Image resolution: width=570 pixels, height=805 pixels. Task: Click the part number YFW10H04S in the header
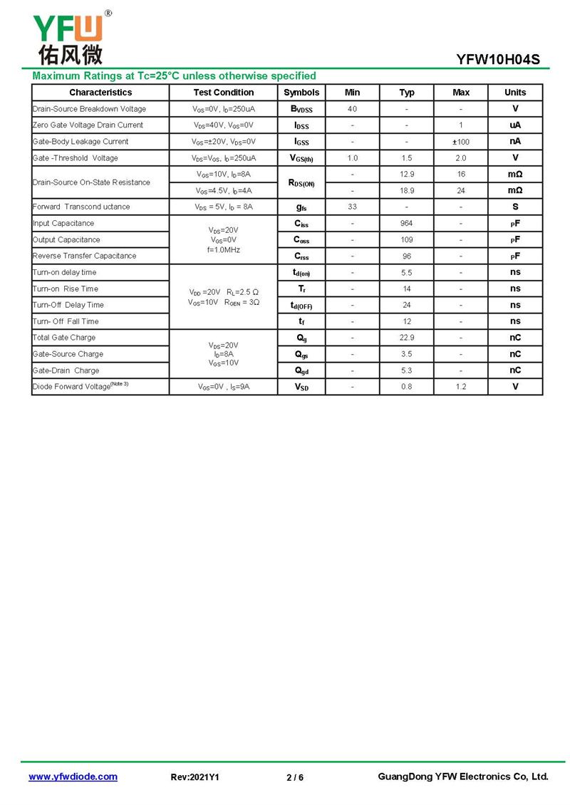(498, 60)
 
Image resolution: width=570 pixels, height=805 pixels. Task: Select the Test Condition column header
(223, 93)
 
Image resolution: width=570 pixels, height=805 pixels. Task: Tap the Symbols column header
(301, 93)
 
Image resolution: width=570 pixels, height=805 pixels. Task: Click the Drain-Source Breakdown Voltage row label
(89, 109)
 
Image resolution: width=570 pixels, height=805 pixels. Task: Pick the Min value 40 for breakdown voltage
(352, 109)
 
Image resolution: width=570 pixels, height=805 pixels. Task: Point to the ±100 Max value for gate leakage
(461, 142)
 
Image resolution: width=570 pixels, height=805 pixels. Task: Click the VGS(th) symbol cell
(301, 158)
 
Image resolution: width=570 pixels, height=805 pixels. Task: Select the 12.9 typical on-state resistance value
(407, 175)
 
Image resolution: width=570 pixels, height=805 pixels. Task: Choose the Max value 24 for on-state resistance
(461, 191)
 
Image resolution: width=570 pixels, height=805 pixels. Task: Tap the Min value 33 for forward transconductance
(352, 207)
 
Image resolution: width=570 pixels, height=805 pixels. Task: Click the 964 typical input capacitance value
(407, 224)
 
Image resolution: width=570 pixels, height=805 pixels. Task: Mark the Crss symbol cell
(301, 256)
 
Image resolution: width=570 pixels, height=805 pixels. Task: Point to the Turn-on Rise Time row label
(66, 289)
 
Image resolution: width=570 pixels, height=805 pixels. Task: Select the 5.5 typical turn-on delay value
(407, 272)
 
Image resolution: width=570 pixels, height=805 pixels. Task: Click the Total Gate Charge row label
(64, 338)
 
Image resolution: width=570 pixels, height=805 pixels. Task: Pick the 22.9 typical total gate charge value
(407, 338)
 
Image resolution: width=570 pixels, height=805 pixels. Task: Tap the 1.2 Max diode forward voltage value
(461, 387)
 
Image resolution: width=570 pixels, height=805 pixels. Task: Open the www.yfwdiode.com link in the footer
(73, 777)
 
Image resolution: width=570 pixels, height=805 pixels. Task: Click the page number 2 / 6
(295, 777)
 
